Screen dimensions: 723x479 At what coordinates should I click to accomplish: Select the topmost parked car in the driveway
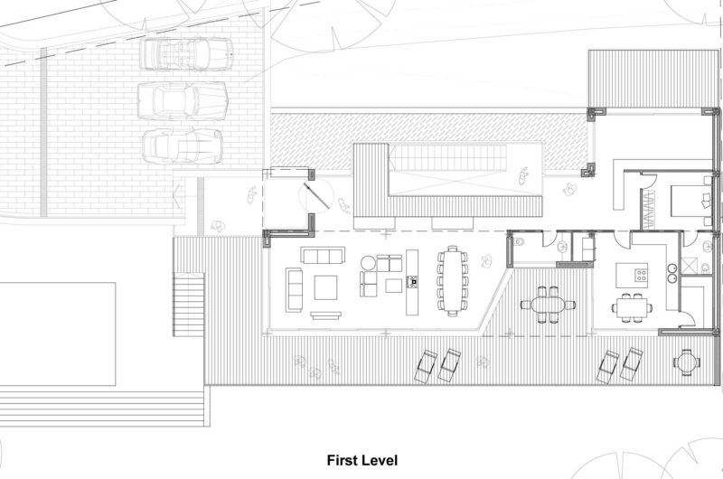186,54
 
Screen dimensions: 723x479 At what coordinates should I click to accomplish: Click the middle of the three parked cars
183,100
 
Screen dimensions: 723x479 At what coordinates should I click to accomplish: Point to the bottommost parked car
183,146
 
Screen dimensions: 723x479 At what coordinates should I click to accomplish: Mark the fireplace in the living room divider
412,282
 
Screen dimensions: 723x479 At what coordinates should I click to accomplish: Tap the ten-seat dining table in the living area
452,281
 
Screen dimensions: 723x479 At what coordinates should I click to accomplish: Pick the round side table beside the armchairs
369,264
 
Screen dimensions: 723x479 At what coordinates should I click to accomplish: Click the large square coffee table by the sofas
325,287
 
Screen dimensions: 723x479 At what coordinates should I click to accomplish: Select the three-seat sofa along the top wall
323,255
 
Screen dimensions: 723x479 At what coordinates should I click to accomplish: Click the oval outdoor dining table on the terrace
548,305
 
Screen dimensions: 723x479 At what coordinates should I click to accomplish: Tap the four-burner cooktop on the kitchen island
642,276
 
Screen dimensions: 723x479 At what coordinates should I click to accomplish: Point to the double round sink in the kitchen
671,272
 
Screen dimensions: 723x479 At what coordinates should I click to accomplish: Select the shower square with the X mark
690,266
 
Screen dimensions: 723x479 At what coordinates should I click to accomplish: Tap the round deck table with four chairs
687,362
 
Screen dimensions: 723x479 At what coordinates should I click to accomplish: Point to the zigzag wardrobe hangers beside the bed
647,210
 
